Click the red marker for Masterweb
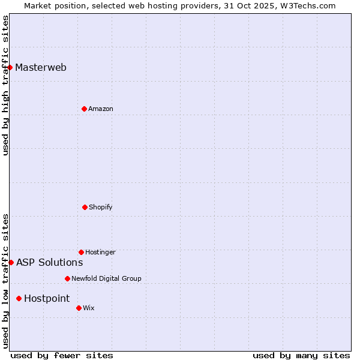[10, 67]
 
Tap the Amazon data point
[84, 109]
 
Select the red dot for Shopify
[85, 207]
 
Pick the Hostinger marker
[81, 252]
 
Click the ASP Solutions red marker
[11, 262]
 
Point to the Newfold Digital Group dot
[67, 278]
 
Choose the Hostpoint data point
[19, 298]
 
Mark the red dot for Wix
[79, 308]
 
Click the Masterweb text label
[41, 67]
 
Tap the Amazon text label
[101, 109]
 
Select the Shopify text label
[101, 207]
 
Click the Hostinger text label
[100, 252]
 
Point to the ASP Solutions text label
[50, 262]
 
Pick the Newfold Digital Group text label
[106, 278]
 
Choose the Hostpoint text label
[47, 298]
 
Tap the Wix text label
[89, 308]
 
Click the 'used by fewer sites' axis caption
[62, 355]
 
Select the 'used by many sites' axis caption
[301, 355]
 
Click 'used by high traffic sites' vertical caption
[5, 85]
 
